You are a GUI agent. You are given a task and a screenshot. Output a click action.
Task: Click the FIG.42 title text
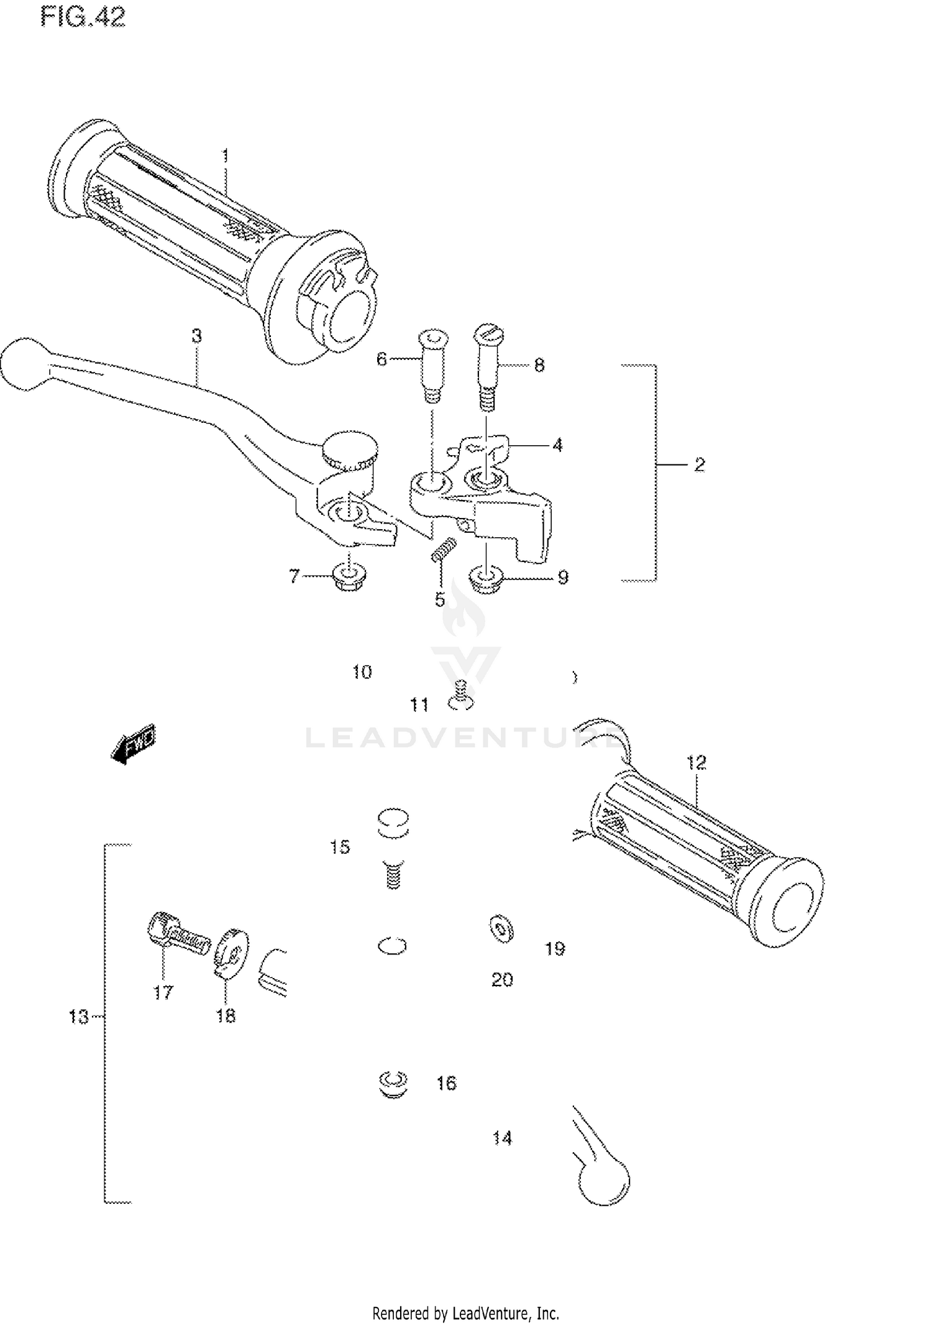(83, 17)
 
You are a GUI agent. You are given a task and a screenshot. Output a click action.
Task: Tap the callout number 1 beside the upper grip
(226, 155)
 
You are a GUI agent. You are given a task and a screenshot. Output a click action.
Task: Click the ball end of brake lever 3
(24, 364)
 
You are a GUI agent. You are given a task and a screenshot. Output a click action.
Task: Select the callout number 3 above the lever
(196, 336)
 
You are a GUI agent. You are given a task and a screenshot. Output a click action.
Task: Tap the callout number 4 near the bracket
(557, 445)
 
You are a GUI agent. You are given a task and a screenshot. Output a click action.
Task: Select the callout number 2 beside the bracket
(700, 464)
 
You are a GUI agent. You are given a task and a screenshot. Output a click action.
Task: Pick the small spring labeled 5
(444, 550)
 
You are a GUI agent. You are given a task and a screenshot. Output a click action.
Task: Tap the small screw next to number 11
(460, 696)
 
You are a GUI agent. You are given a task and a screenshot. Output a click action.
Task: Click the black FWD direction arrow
(133, 744)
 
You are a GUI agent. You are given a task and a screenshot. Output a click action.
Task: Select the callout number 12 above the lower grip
(697, 762)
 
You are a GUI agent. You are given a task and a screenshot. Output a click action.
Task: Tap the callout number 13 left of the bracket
(78, 1017)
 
